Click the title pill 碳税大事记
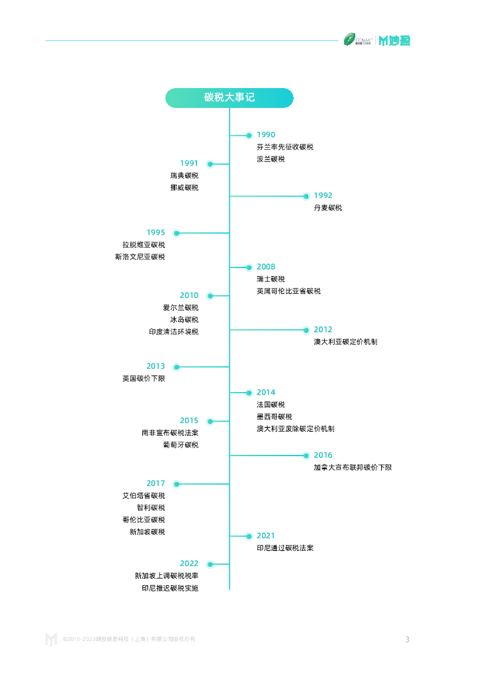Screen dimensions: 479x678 pyautogui.click(x=229, y=98)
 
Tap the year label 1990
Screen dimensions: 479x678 pyautogui.click(x=265, y=135)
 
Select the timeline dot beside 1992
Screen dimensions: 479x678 pyautogui.click(x=306, y=196)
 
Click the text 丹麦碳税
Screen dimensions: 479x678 pyautogui.click(x=327, y=208)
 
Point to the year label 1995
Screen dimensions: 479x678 pyautogui.click(x=155, y=232)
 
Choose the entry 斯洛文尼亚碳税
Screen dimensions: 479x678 pyautogui.click(x=140, y=257)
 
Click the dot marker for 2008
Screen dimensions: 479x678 pyautogui.click(x=249, y=267)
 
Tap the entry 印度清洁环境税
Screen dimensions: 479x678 pyautogui.click(x=173, y=332)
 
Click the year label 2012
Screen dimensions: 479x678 pyautogui.click(x=323, y=330)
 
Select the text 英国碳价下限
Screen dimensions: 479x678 pyautogui.click(x=144, y=379)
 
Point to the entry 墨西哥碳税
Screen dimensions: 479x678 pyautogui.click(x=274, y=416)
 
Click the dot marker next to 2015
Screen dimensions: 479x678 pyautogui.click(x=210, y=421)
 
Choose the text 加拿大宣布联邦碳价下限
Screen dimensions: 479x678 pyautogui.click(x=353, y=467)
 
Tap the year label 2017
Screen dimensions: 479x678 pyautogui.click(x=155, y=483)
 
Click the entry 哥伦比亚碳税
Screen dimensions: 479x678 pyautogui.click(x=144, y=520)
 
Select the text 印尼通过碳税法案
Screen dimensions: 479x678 pyautogui.click(x=285, y=548)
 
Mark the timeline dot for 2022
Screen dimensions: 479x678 pyautogui.click(x=210, y=564)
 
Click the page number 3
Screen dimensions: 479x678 pyautogui.click(x=408, y=640)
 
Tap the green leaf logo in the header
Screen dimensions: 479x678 pyautogui.click(x=349, y=40)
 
